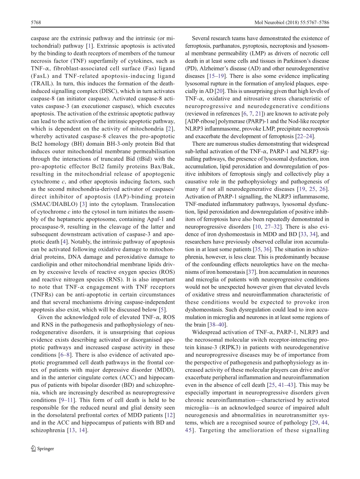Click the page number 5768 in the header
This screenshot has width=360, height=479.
click(x=36, y=23)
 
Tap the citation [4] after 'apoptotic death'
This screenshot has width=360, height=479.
click(x=65, y=242)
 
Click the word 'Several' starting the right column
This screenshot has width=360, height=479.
click(x=201, y=38)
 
